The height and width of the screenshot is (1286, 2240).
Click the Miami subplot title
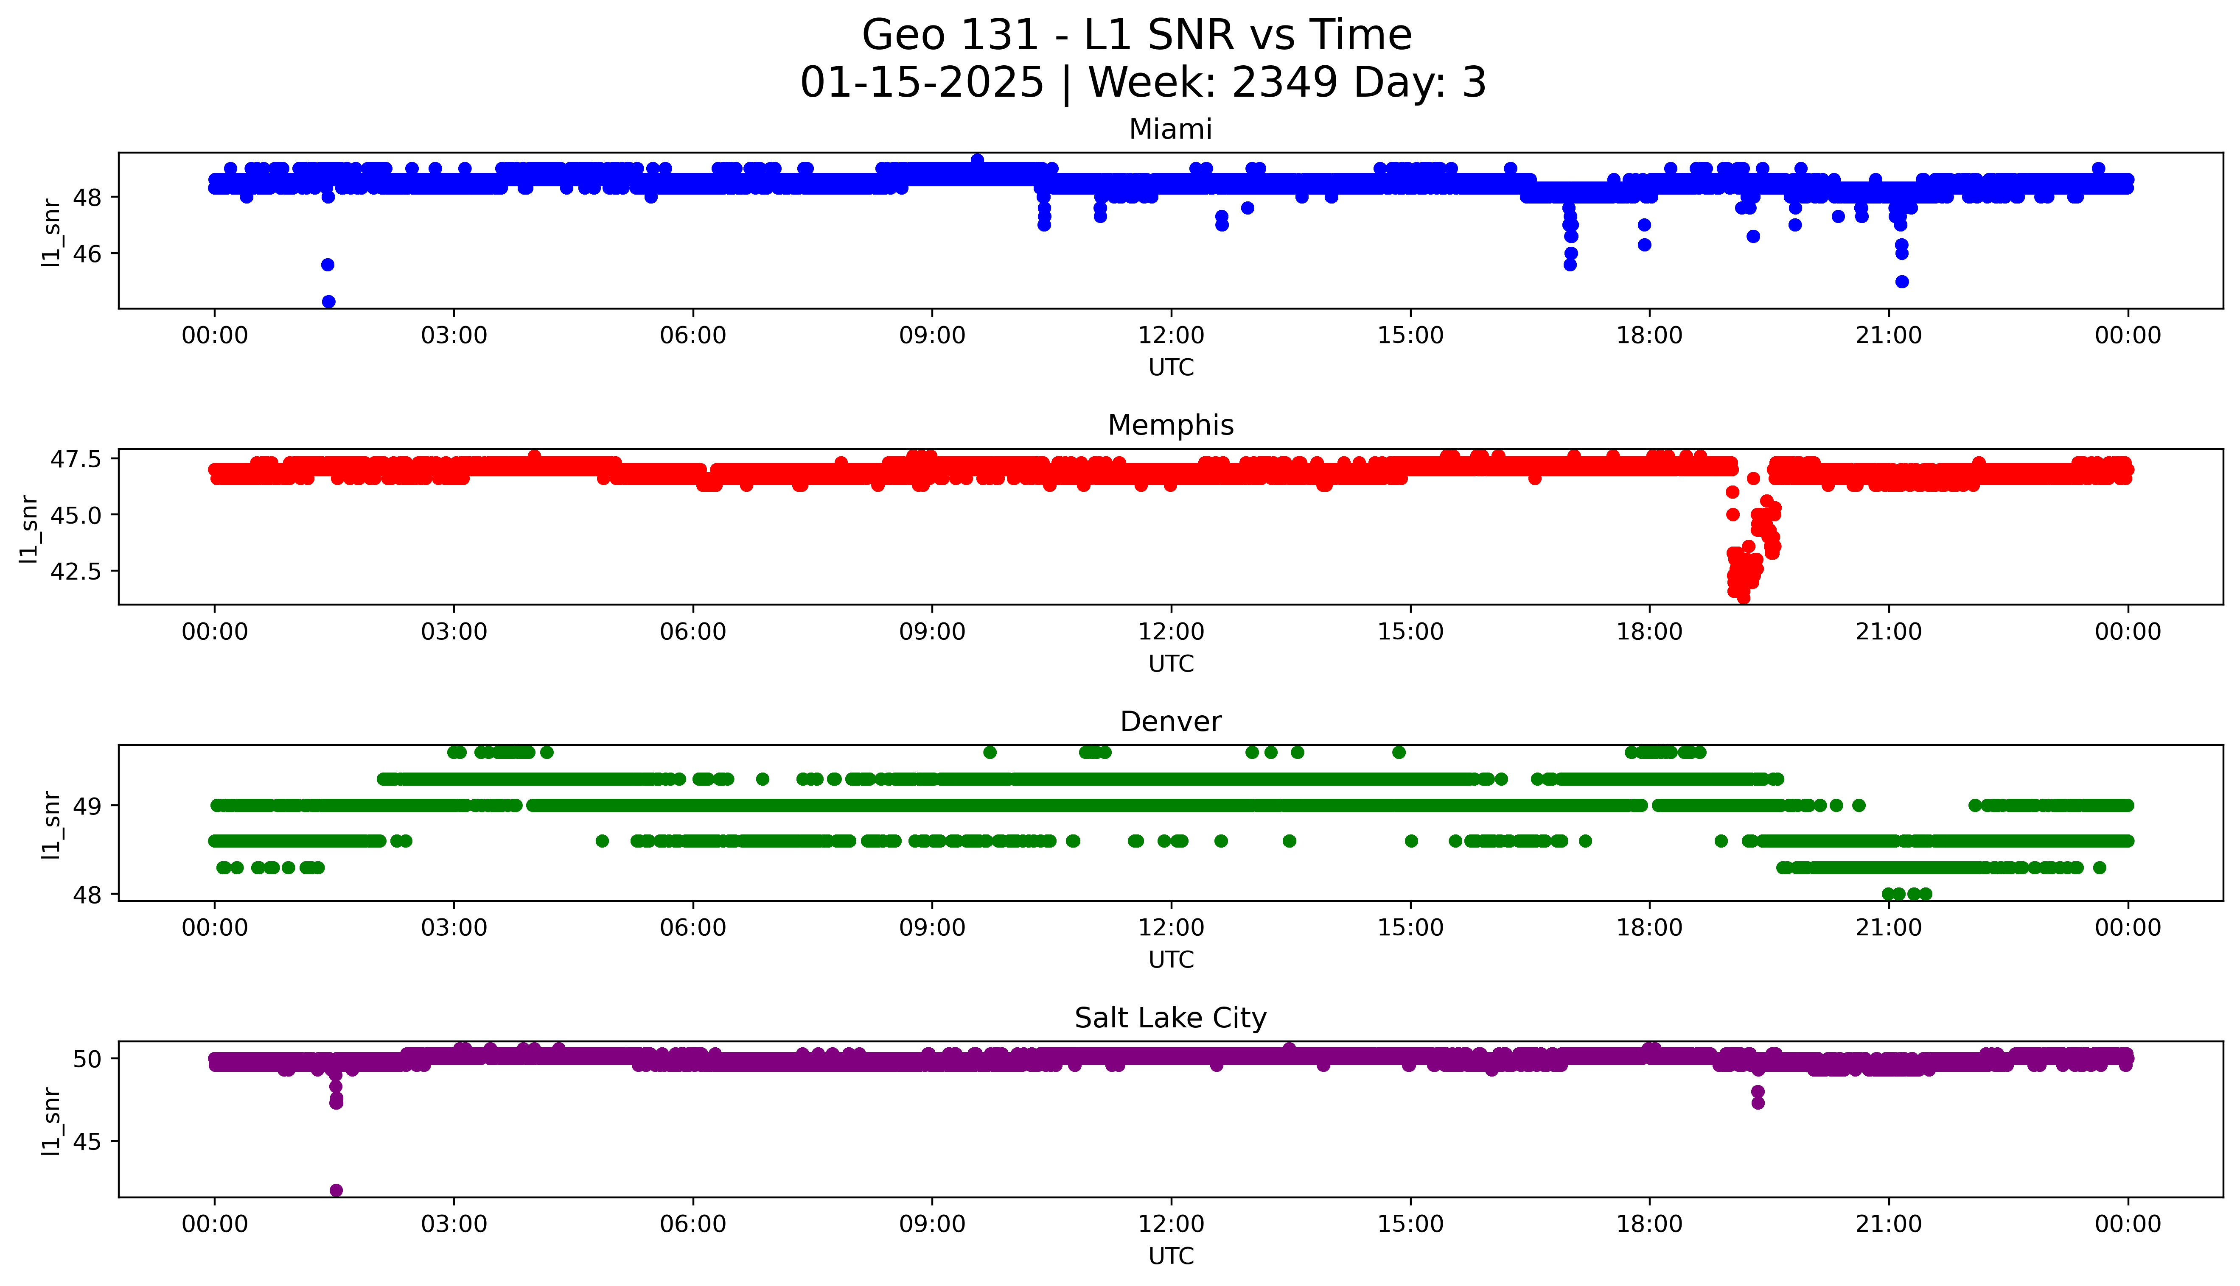(1170, 130)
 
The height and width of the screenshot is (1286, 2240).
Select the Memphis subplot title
(1170, 426)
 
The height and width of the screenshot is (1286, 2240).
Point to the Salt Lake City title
(1170, 1018)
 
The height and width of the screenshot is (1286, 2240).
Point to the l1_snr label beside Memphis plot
(29, 528)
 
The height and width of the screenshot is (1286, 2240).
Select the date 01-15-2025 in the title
(922, 83)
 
